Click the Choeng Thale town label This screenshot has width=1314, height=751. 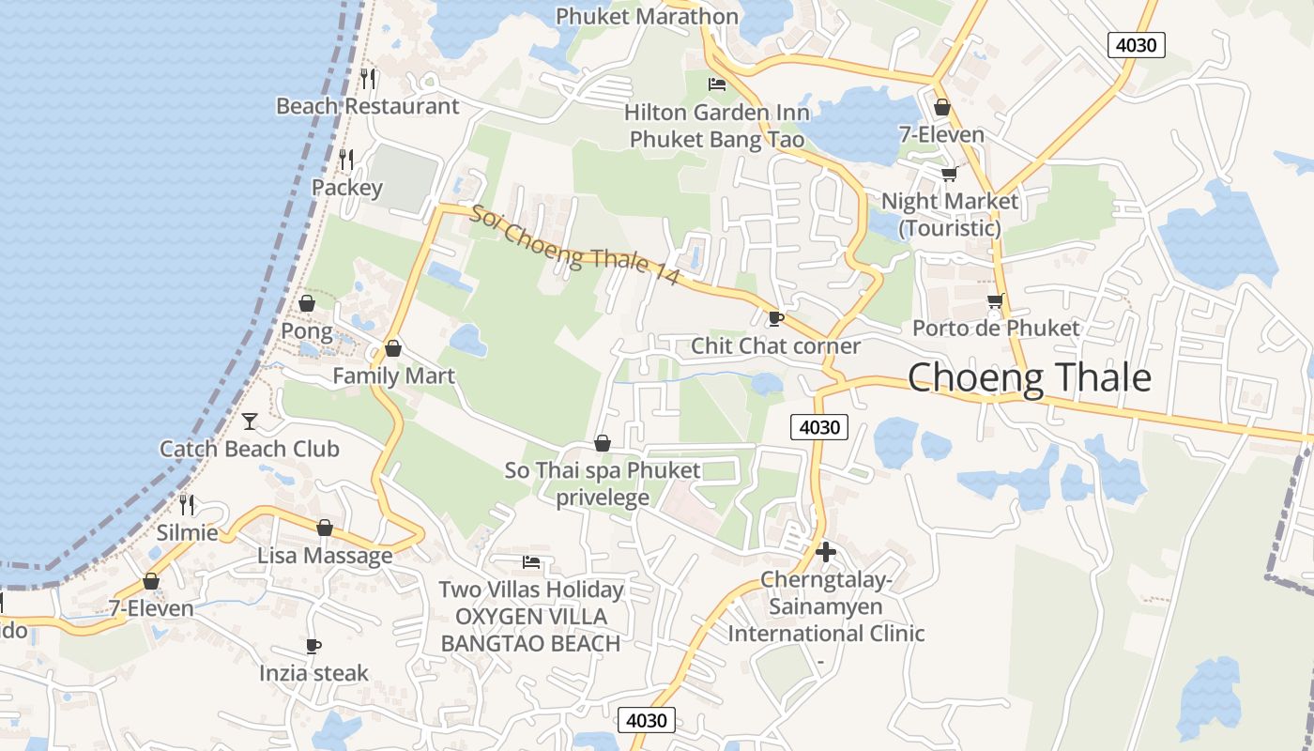click(x=1029, y=377)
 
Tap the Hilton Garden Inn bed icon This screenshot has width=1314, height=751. click(x=717, y=84)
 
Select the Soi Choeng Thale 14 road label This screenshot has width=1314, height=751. click(x=574, y=246)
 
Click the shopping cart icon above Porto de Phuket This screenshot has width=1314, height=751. click(x=995, y=301)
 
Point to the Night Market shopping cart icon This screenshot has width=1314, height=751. click(x=949, y=174)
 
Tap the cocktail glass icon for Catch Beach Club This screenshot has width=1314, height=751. click(x=250, y=421)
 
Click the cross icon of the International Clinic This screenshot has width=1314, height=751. click(x=826, y=552)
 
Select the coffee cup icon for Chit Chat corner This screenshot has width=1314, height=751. click(x=775, y=318)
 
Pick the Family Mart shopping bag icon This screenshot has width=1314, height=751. click(x=393, y=348)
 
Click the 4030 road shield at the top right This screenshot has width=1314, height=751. click(x=1136, y=44)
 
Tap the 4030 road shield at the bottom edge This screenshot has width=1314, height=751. click(x=647, y=720)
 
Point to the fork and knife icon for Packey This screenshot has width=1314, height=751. click(x=347, y=160)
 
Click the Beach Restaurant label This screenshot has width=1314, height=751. click(x=367, y=106)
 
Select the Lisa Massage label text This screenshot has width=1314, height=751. click(x=325, y=555)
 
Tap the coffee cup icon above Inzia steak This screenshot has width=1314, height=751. click(x=313, y=646)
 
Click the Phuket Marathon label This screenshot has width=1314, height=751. click(x=647, y=16)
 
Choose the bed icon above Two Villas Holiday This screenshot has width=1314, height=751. click(x=531, y=562)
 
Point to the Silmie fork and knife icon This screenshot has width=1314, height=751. click(x=187, y=505)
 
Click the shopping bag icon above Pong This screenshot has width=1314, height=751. click(x=307, y=303)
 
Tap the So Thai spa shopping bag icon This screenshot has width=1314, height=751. click(x=603, y=443)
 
